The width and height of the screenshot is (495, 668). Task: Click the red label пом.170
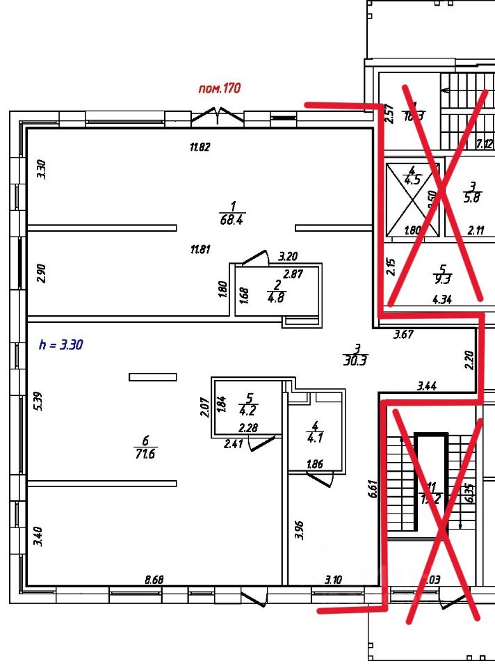pos(220,88)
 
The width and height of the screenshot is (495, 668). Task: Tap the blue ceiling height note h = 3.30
pos(61,344)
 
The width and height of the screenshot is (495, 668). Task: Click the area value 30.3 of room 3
pos(355,360)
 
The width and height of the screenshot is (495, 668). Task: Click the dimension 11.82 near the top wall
pos(200,147)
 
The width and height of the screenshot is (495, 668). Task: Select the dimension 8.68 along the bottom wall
pos(154,579)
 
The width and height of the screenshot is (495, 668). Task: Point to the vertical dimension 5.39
pos(39,404)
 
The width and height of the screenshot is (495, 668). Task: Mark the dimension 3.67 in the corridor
pos(403,335)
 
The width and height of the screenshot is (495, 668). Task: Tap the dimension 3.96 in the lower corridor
pos(299,530)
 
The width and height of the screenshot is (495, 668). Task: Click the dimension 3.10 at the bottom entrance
pos(336,579)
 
